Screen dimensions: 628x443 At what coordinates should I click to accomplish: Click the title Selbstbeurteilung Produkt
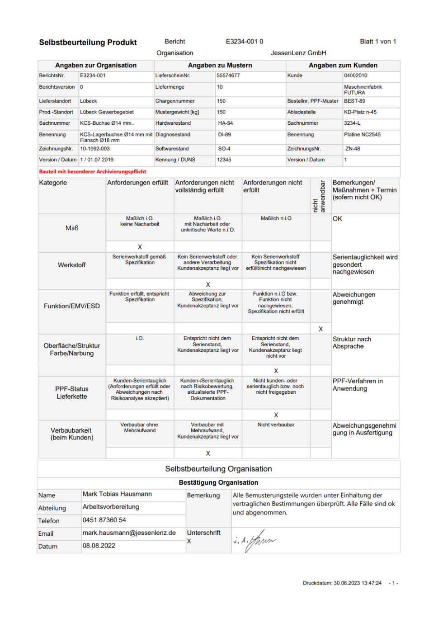88,42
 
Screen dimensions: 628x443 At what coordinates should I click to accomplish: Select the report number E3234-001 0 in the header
244,42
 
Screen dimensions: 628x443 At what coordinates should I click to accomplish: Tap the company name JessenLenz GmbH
298,53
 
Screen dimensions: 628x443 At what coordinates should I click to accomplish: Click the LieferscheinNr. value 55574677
228,76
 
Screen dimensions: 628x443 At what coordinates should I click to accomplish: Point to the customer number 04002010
355,76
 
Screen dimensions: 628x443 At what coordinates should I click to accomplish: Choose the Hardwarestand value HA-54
225,123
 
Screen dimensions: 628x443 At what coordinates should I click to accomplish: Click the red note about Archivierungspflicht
93,172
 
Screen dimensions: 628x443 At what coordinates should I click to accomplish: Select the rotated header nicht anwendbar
319,197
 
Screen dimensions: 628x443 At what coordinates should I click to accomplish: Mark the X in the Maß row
140,247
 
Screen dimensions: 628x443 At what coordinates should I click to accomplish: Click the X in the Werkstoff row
208,284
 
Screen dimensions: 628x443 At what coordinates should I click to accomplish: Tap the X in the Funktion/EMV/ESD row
320,329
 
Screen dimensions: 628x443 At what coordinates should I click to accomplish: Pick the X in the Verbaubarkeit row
208,453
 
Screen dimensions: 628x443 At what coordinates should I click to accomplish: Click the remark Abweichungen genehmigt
353,298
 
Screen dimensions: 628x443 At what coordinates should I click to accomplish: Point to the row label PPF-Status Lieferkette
72,392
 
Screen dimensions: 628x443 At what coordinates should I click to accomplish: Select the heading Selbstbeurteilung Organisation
218,469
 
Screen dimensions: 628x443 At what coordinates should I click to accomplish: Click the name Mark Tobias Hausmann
117,494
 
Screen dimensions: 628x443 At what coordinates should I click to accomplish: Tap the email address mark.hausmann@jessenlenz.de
129,533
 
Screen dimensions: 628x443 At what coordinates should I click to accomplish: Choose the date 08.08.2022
99,546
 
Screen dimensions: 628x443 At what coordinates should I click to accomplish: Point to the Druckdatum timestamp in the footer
342,583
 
